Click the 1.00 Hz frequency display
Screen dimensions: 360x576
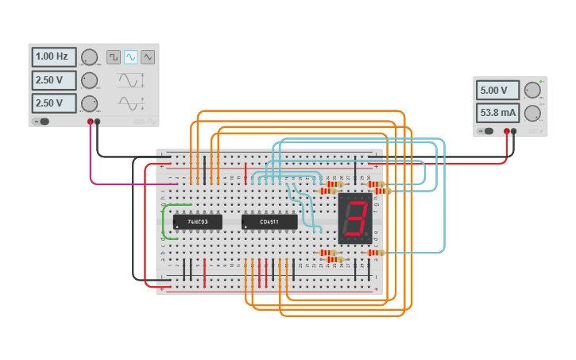(x=54, y=57)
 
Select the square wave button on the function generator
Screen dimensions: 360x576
(x=113, y=57)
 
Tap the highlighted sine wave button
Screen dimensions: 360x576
(x=130, y=57)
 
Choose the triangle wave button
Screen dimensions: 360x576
(x=148, y=57)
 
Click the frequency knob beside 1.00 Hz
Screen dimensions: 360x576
(x=89, y=57)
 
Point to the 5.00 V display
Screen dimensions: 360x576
(x=497, y=90)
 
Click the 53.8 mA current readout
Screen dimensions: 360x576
(x=497, y=112)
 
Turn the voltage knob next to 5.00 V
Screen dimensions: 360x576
(x=532, y=90)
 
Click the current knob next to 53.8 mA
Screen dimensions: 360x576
(x=532, y=112)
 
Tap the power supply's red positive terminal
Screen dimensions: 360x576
(x=506, y=131)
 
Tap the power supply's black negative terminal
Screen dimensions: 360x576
(x=514, y=131)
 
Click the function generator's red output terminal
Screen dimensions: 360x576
(x=91, y=122)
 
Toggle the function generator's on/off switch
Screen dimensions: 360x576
(x=42, y=122)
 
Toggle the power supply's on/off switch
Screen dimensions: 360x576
(x=486, y=131)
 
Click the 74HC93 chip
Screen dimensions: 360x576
(x=197, y=222)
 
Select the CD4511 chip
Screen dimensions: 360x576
(x=269, y=222)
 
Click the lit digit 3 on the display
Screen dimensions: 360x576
(x=355, y=218)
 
